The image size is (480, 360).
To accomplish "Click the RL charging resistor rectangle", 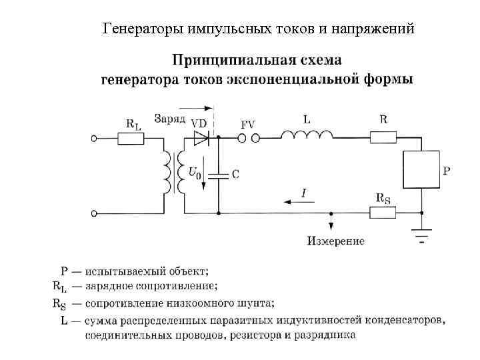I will pos(131,139).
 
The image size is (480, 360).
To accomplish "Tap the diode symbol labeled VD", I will pos(201,138).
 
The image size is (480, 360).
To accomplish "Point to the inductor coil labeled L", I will pos(307,135).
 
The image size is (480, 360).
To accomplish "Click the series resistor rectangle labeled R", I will pos(384,138).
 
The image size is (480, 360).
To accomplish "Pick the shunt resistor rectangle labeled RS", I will pos(383,213).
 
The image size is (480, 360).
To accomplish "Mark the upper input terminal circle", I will pos(95,139).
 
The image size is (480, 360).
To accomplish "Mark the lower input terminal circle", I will pos(95,213).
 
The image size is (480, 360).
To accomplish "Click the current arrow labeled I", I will pos(293,198).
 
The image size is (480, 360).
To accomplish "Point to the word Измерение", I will pos(335,241).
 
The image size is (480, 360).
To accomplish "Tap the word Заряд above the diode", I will pos(169,120).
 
